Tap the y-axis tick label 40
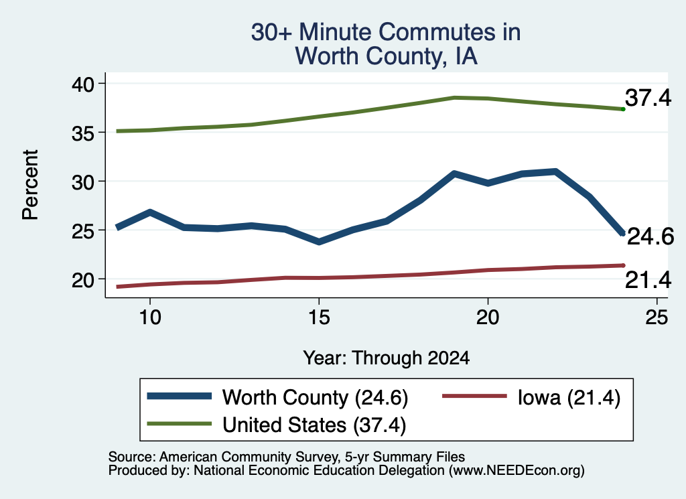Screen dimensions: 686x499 (x=83, y=84)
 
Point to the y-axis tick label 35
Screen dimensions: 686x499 (x=83, y=133)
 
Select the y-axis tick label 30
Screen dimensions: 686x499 (x=83, y=182)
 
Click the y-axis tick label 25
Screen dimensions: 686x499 (x=83, y=231)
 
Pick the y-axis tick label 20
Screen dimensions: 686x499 (x=83, y=280)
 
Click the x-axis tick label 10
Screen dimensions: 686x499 (x=150, y=317)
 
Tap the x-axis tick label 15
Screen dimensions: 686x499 (x=319, y=317)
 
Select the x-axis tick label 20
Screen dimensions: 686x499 (x=488, y=317)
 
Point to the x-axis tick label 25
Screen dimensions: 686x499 (x=657, y=317)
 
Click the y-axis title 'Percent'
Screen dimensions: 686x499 (x=31, y=185)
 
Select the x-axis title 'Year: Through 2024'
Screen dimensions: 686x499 (x=387, y=358)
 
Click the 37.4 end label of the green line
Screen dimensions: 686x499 (x=648, y=98)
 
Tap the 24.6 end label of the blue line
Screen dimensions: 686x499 (x=650, y=237)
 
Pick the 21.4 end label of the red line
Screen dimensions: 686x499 (x=648, y=280)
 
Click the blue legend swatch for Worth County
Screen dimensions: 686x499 (x=180, y=397)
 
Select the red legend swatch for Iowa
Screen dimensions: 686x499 (x=474, y=397)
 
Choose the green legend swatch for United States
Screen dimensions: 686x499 (x=180, y=423)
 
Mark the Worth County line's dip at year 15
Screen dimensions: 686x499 (x=319, y=241)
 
